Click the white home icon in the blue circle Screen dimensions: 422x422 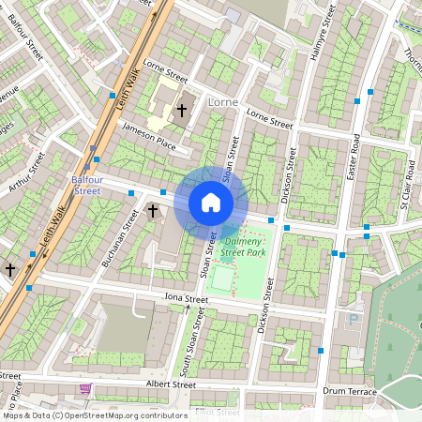click(211, 203)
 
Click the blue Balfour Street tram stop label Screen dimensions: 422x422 click(86, 184)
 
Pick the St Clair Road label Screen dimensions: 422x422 click(407, 184)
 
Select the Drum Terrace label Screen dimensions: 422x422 click(349, 390)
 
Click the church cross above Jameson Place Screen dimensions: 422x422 click(182, 109)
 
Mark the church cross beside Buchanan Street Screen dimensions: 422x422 click(153, 212)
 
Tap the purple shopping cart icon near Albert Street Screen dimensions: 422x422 click(85, 388)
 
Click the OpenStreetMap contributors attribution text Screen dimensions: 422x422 click(94, 414)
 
